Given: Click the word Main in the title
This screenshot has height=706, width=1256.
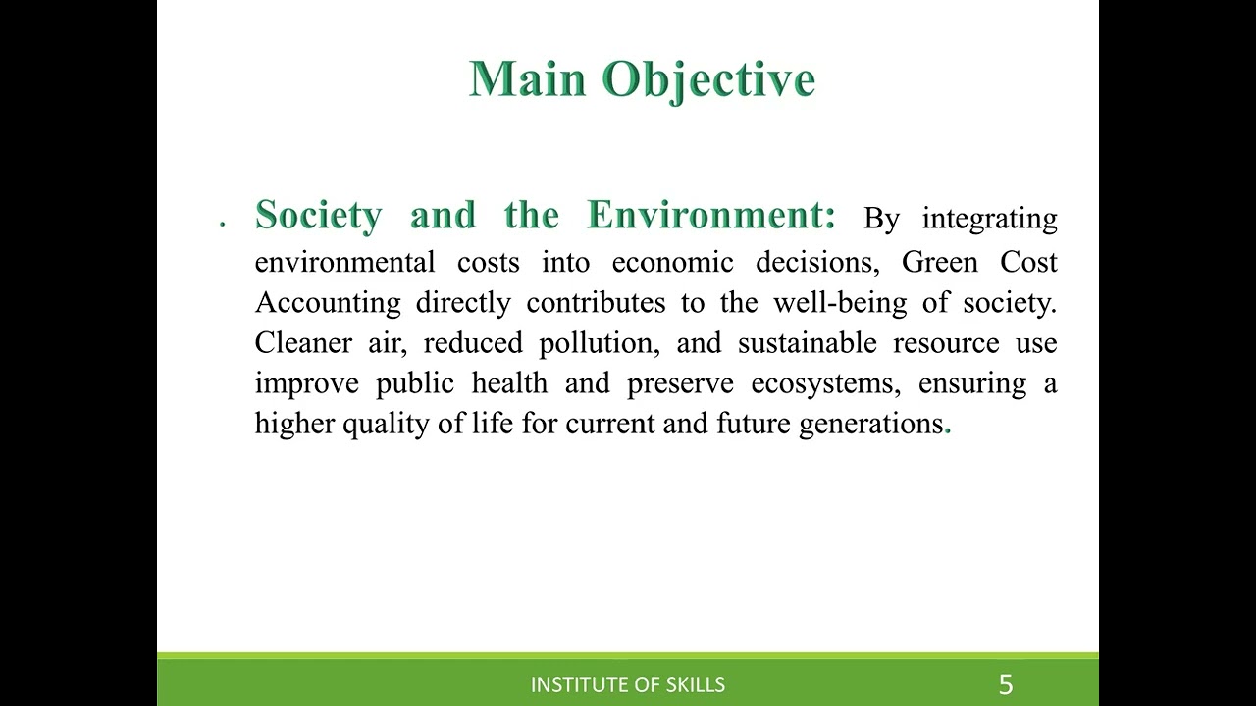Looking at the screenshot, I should click(528, 78).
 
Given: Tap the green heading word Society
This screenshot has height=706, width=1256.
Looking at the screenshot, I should click(318, 215).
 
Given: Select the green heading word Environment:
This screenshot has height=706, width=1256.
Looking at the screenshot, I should click(711, 215).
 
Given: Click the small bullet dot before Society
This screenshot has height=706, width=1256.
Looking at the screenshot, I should click(223, 225).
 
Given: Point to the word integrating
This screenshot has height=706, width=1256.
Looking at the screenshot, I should click(989, 219).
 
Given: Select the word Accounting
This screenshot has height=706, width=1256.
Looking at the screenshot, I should click(328, 303).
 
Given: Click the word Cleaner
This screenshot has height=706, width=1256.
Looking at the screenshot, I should click(303, 343).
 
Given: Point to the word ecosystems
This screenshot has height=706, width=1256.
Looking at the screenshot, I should click(825, 383).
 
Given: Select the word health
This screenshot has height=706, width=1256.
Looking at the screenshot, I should click(509, 382).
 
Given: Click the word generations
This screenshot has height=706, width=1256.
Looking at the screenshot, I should click(870, 424).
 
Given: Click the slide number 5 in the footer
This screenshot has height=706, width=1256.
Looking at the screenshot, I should click(1005, 683).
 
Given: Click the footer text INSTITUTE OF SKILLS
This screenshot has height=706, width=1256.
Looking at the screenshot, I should click(627, 684).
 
